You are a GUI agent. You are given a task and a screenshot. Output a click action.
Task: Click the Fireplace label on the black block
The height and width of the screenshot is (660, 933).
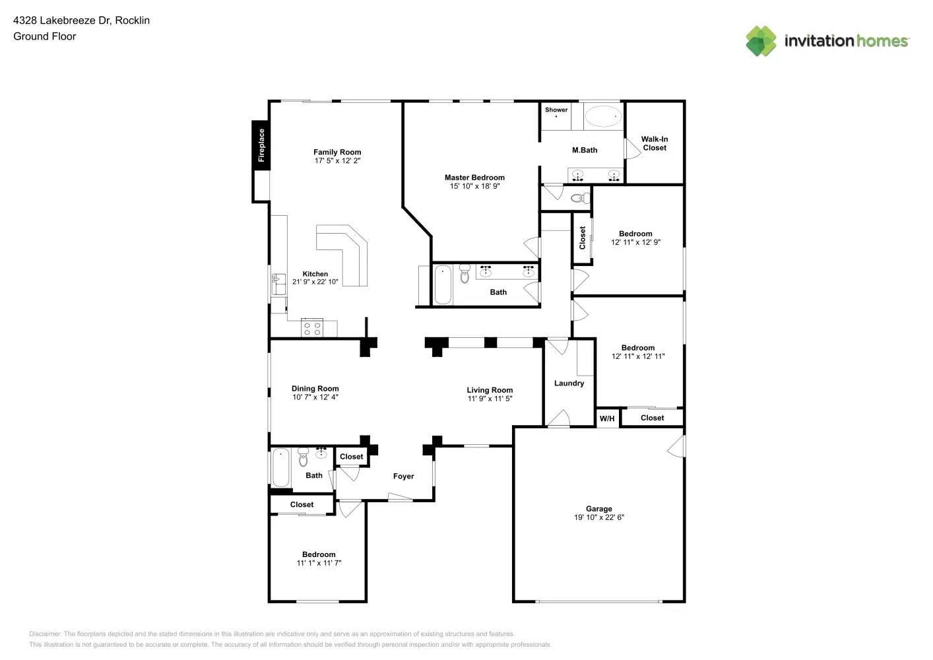pos(261,145)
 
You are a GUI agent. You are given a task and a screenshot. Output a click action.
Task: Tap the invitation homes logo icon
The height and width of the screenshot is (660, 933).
pos(761,41)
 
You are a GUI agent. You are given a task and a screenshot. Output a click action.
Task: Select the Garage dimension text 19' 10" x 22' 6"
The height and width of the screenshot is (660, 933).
pos(598,517)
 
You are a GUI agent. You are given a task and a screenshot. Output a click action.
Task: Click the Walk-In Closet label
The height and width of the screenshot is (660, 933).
pos(654,143)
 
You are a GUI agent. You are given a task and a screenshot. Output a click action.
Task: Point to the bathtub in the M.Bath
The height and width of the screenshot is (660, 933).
pos(603,117)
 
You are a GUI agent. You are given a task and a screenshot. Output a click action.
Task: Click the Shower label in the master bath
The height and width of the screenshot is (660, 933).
pos(556,110)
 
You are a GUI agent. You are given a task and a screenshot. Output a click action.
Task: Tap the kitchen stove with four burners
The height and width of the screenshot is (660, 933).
pos(312,328)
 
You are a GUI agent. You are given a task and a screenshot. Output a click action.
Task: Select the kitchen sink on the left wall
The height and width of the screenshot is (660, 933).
pos(278,284)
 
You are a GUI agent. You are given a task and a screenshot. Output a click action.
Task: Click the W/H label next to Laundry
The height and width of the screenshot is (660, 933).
pos(606,418)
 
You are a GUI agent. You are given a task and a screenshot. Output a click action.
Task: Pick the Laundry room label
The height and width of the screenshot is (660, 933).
pos(569,383)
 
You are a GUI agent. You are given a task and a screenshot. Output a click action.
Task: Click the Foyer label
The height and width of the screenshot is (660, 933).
pos(403,476)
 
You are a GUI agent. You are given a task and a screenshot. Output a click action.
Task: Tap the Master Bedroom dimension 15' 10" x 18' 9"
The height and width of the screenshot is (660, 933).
pos(474,186)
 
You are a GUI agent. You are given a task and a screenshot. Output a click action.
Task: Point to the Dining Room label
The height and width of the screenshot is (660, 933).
pos(315,389)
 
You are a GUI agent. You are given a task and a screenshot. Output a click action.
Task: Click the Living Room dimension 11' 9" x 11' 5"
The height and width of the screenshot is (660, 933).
pos(490,399)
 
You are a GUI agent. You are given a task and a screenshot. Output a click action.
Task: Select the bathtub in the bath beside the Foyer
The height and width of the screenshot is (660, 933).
pos(280,467)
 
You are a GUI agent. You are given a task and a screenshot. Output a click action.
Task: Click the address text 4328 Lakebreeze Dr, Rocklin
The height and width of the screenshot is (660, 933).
pos(81,20)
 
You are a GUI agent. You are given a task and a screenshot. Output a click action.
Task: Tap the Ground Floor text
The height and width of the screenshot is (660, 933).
pos(44,36)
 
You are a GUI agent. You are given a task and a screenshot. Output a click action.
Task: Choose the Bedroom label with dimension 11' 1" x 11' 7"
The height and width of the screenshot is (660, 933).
pos(319,554)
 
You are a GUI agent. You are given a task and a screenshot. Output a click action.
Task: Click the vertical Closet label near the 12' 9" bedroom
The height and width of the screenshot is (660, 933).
pos(582,238)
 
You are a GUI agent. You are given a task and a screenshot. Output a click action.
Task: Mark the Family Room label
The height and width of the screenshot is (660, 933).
pos(337,152)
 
